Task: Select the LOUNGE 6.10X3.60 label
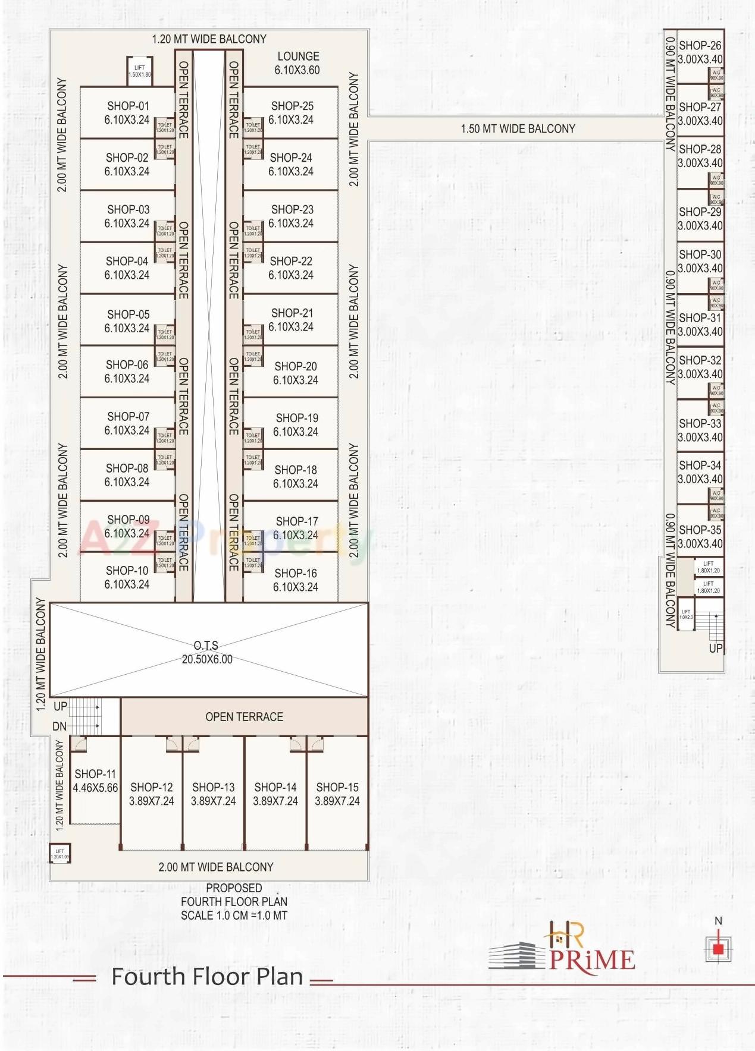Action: pos(297,63)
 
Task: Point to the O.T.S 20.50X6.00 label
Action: pos(207,652)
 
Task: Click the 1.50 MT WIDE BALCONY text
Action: pos(518,128)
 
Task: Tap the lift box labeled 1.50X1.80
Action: pos(140,71)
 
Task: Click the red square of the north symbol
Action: pos(718,949)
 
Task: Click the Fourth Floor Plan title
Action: pos(207,977)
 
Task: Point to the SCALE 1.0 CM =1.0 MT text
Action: pos(234,915)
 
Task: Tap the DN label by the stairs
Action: pos(59,726)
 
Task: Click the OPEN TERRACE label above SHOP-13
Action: pos(244,717)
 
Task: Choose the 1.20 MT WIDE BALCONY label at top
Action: pos(209,39)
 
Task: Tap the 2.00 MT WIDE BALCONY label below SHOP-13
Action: pos(215,867)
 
